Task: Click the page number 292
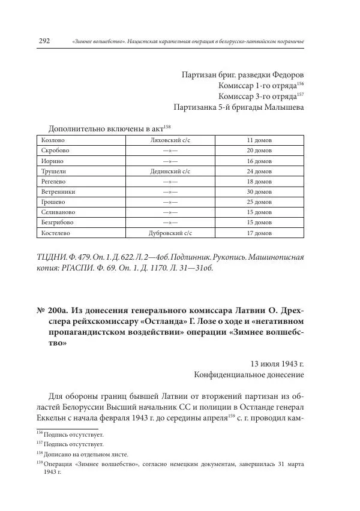tap(43, 41)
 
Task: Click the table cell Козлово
tap(53, 140)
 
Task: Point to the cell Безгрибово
tap(59, 222)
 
